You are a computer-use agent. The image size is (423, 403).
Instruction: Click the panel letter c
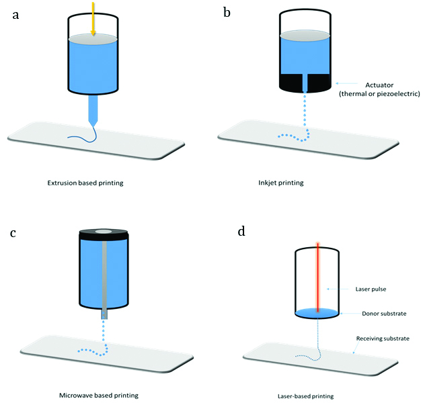tap(13, 233)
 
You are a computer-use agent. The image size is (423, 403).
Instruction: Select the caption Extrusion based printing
tap(85, 182)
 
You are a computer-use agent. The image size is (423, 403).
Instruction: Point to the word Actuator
tap(379, 85)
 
